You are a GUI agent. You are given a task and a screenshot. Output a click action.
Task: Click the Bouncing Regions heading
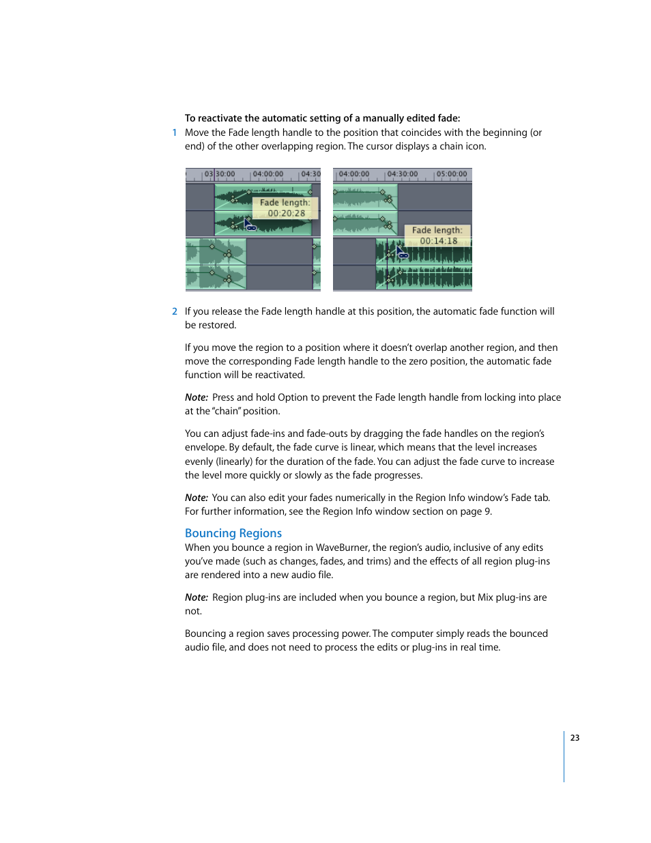click(x=233, y=533)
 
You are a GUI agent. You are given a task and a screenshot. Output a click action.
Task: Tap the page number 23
click(x=575, y=737)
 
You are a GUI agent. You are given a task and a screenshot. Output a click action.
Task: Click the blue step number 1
click(x=175, y=132)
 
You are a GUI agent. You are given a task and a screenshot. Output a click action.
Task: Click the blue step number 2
click(x=175, y=311)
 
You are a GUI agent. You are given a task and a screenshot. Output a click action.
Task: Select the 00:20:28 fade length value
click(x=286, y=213)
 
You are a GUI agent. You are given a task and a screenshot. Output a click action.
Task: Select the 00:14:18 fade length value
click(x=438, y=241)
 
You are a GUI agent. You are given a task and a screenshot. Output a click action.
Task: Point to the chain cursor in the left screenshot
click(x=250, y=225)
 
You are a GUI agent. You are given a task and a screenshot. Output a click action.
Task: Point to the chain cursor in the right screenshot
click(x=402, y=253)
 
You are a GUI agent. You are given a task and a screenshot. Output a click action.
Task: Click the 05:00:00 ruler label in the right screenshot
click(x=451, y=174)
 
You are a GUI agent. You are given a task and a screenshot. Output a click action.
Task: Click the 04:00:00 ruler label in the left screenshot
click(x=267, y=174)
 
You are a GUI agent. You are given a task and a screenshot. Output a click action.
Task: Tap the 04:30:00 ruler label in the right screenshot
click(x=402, y=174)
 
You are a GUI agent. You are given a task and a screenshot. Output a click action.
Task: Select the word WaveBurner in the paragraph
click(x=342, y=547)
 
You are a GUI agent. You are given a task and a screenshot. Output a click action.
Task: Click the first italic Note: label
click(x=197, y=397)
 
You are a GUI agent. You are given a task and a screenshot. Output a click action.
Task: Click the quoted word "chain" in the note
click(x=227, y=411)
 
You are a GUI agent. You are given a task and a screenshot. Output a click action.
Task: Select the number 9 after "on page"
click(x=487, y=511)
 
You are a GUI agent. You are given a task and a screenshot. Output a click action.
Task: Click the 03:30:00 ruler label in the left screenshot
click(x=220, y=174)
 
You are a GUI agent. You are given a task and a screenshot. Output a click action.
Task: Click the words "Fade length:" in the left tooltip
click(x=285, y=203)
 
